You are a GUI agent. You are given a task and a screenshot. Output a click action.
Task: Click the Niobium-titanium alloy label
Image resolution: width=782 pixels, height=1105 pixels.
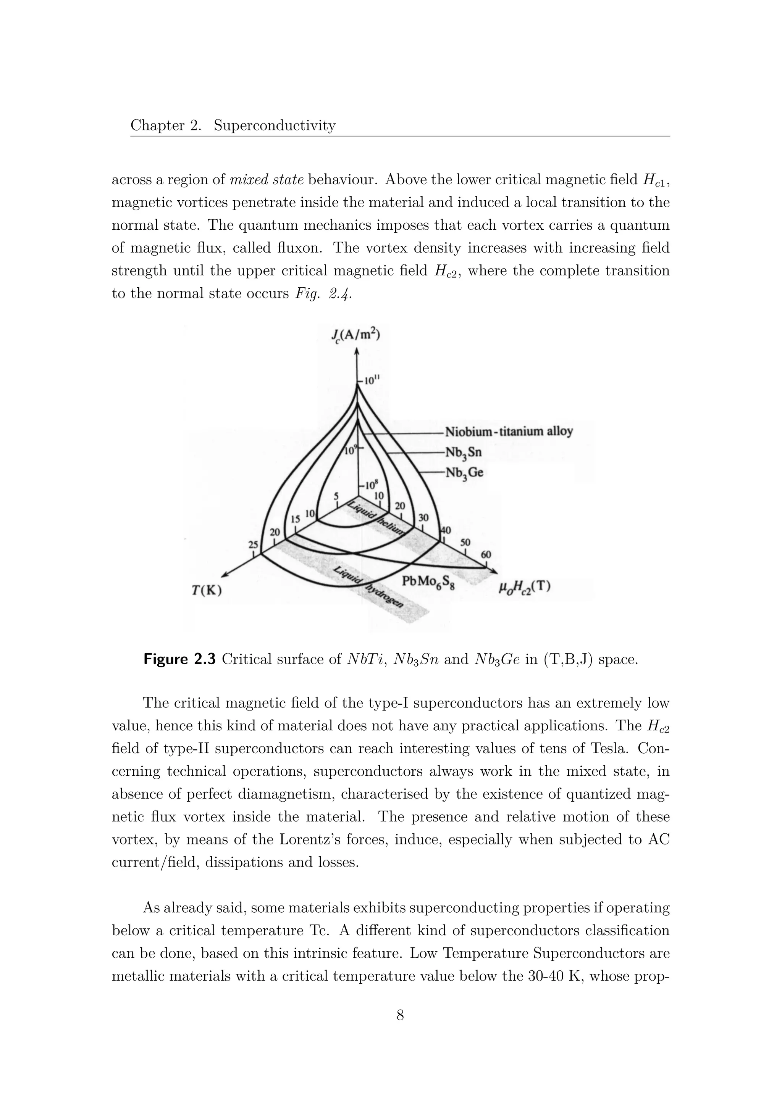click(509, 431)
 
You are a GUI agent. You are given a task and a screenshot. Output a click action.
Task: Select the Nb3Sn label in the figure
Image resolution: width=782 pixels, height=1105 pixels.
click(463, 453)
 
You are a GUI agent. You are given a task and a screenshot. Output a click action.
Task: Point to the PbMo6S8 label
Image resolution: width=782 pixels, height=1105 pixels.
click(428, 583)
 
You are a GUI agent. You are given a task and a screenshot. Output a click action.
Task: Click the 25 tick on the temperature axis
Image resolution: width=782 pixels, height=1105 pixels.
click(253, 545)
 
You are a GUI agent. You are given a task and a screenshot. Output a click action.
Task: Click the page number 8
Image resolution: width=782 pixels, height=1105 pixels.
click(400, 1014)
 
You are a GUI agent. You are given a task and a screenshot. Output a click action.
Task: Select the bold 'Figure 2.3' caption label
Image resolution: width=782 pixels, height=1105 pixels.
click(181, 659)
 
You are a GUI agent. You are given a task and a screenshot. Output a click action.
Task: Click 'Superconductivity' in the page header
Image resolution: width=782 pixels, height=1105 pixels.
click(275, 126)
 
